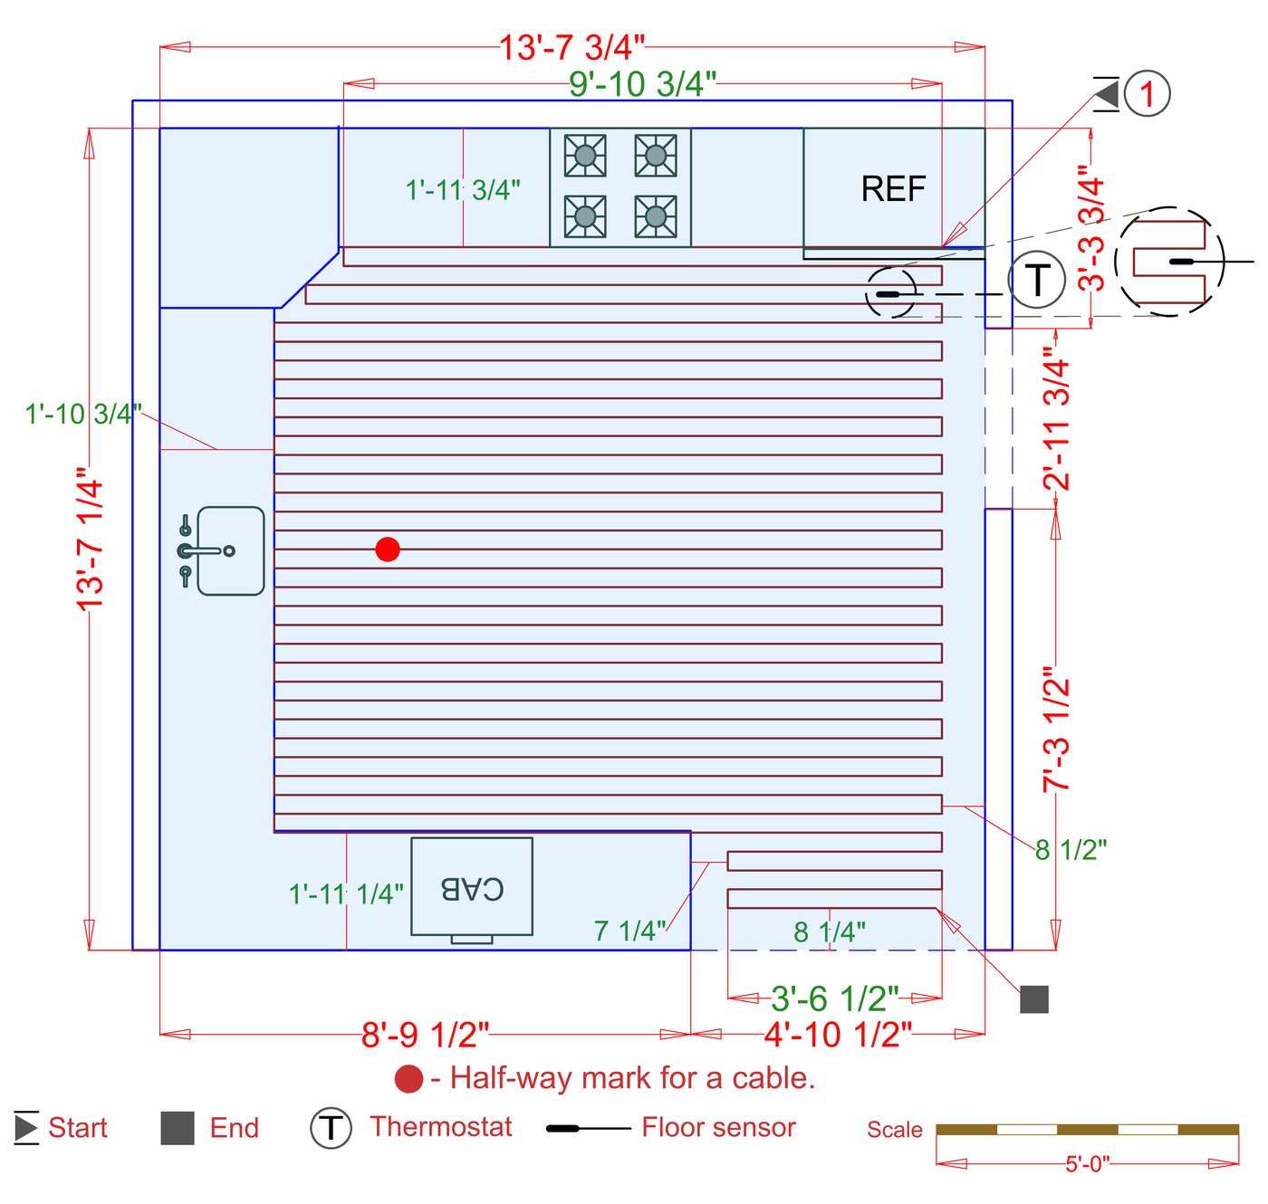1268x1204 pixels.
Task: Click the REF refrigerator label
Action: (893, 189)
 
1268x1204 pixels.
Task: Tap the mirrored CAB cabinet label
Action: (472, 888)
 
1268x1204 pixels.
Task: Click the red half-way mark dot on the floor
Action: (388, 549)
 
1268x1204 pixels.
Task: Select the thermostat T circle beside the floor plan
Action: (1036, 280)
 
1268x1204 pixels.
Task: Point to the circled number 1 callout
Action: (1147, 93)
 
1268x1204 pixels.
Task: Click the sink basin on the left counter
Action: (231, 550)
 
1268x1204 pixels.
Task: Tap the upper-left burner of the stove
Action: (585, 156)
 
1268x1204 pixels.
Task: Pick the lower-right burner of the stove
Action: (655, 216)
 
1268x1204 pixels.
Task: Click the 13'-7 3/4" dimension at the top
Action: (572, 47)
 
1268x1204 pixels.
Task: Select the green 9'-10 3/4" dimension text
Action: (642, 84)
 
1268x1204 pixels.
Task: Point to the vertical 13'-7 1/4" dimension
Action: (91, 540)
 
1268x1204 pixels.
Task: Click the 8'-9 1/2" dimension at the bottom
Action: (425, 1034)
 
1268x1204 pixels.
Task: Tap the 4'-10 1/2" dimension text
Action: (838, 1034)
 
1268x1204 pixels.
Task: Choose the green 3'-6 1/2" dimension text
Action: (834, 999)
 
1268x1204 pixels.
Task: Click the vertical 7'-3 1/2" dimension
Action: (1056, 730)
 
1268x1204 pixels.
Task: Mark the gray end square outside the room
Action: (1034, 999)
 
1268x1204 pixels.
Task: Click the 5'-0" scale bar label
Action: (1087, 1164)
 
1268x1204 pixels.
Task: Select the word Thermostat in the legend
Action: (440, 1127)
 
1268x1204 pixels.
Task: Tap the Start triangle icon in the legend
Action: (26, 1128)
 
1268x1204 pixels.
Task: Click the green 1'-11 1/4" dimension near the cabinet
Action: (346, 894)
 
